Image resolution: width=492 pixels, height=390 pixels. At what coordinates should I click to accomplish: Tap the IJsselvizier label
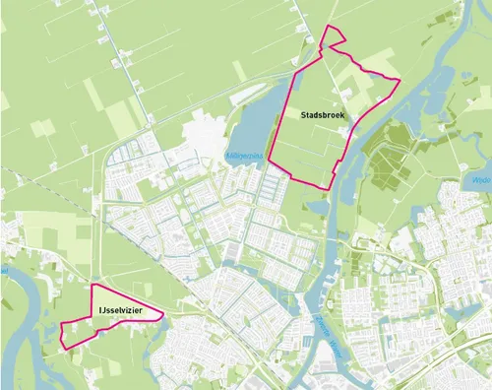pyautogui.click(x=120, y=312)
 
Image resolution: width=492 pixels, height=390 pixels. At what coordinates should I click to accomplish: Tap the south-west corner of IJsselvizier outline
pyautogui.click(x=65, y=349)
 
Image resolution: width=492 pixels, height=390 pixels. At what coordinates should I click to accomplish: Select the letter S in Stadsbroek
pyautogui.click(x=306, y=116)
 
